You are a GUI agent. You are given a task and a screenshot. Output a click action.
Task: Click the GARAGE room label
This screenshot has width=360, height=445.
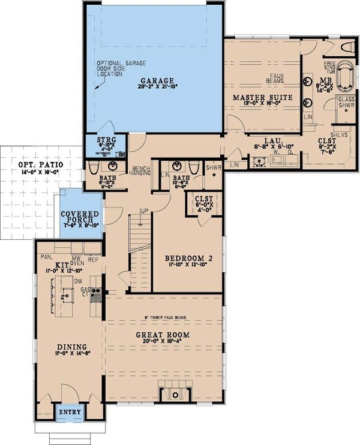coord(157,80)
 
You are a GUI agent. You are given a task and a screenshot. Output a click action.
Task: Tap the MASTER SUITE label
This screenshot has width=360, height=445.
coord(262,97)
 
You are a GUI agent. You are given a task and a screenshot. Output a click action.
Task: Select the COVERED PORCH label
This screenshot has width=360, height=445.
coord(81,218)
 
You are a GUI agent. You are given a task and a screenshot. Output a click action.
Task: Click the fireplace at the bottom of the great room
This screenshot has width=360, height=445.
coord(173,394)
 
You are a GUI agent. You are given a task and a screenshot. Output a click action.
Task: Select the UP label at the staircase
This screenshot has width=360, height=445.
coord(143,211)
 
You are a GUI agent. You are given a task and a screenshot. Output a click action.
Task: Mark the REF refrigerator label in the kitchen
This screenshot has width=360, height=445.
coord(93,261)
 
